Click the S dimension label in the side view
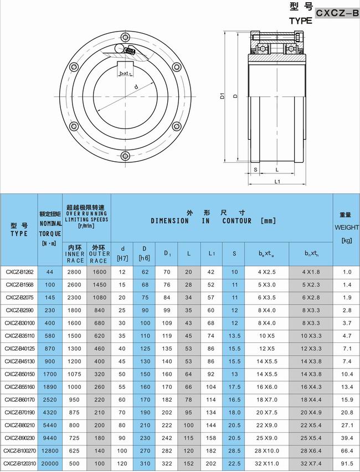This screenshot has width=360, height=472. [255, 170]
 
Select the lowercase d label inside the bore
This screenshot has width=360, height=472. [136, 86]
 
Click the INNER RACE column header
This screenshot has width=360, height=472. [75, 254]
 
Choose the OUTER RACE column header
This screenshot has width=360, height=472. [99, 254]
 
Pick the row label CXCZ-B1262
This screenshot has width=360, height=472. [19, 272]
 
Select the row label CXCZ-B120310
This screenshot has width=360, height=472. [19, 463]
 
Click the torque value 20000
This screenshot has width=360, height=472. [50, 463]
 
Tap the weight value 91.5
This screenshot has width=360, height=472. [347, 463]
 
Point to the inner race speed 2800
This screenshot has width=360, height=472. [75, 272]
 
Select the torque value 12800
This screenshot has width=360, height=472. [50, 450]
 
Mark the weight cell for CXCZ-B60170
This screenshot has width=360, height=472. [347, 399]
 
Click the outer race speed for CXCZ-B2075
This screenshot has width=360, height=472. [99, 297]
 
